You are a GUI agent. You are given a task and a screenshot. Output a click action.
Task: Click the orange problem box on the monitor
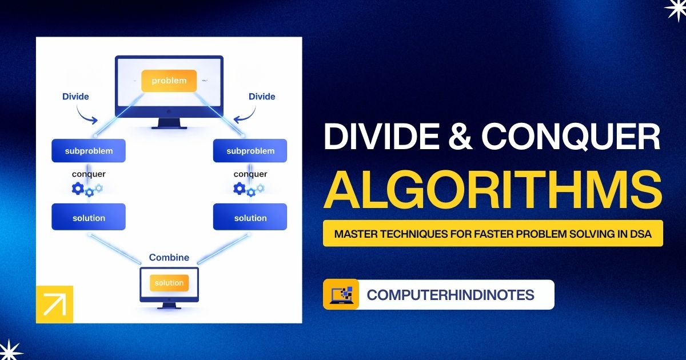pos(169,81)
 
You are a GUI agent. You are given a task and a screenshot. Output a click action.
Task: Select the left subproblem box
pos(89,151)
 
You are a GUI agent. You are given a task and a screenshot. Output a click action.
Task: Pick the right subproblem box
pos(250,151)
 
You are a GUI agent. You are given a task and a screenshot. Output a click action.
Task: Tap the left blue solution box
pos(89,218)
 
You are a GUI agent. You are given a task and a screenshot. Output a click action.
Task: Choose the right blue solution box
pos(250,218)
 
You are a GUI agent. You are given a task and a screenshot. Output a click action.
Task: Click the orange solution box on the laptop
pos(169,283)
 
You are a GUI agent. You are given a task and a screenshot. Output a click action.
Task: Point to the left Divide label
pos(75,97)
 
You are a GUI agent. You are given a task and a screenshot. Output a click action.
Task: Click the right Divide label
pos(262,97)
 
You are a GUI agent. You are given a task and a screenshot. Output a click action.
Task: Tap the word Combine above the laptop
pos(169,258)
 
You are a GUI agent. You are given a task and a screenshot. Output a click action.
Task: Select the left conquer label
pos(89,174)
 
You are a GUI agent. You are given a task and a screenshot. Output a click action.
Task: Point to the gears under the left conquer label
pos(87,189)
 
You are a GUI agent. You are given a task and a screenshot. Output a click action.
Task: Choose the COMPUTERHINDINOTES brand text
pos(450,295)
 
